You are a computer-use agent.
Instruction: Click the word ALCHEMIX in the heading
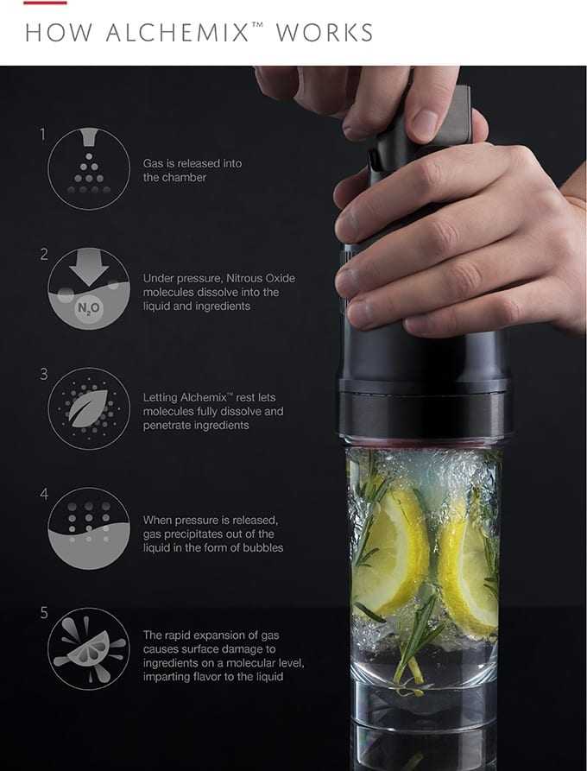pos(179,33)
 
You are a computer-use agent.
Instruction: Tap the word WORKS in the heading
pos(325,33)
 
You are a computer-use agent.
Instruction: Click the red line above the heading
pos(45,3)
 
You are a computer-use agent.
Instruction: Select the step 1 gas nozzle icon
pos(89,168)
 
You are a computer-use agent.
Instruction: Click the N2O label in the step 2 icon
pos(89,308)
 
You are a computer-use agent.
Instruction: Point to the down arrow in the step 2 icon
pos(89,267)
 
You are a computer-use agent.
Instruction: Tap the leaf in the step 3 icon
pos(89,408)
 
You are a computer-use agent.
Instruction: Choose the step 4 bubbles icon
pos(89,528)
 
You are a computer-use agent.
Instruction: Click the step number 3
pos(44,374)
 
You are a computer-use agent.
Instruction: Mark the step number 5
pos(44,613)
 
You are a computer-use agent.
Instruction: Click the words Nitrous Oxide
pos(261,278)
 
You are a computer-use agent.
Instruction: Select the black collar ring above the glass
pos(423,412)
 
